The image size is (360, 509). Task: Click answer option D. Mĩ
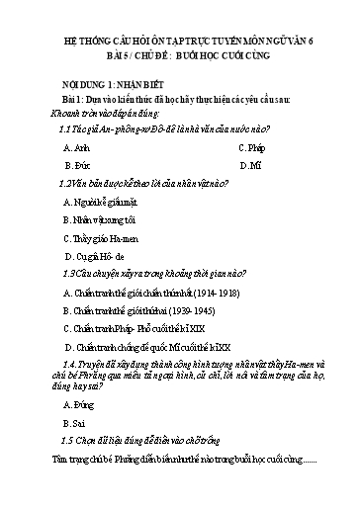point(248,166)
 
